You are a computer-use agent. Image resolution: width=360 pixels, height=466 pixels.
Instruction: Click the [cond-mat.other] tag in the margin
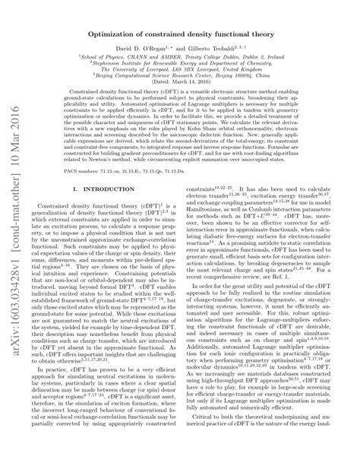(x=16, y=194)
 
